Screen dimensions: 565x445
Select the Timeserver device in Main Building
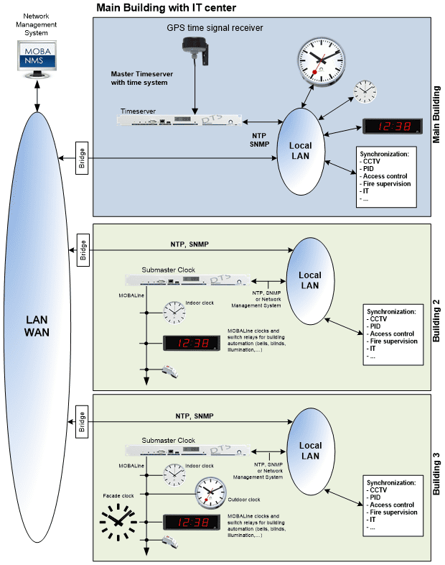(x=179, y=120)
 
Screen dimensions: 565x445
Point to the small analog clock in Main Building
(x=365, y=93)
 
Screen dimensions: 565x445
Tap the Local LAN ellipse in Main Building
(x=300, y=150)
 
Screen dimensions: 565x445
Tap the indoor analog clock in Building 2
(x=174, y=312)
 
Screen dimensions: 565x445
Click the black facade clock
(x=118, y=523)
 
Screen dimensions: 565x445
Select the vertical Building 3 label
(x=436, y=477)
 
